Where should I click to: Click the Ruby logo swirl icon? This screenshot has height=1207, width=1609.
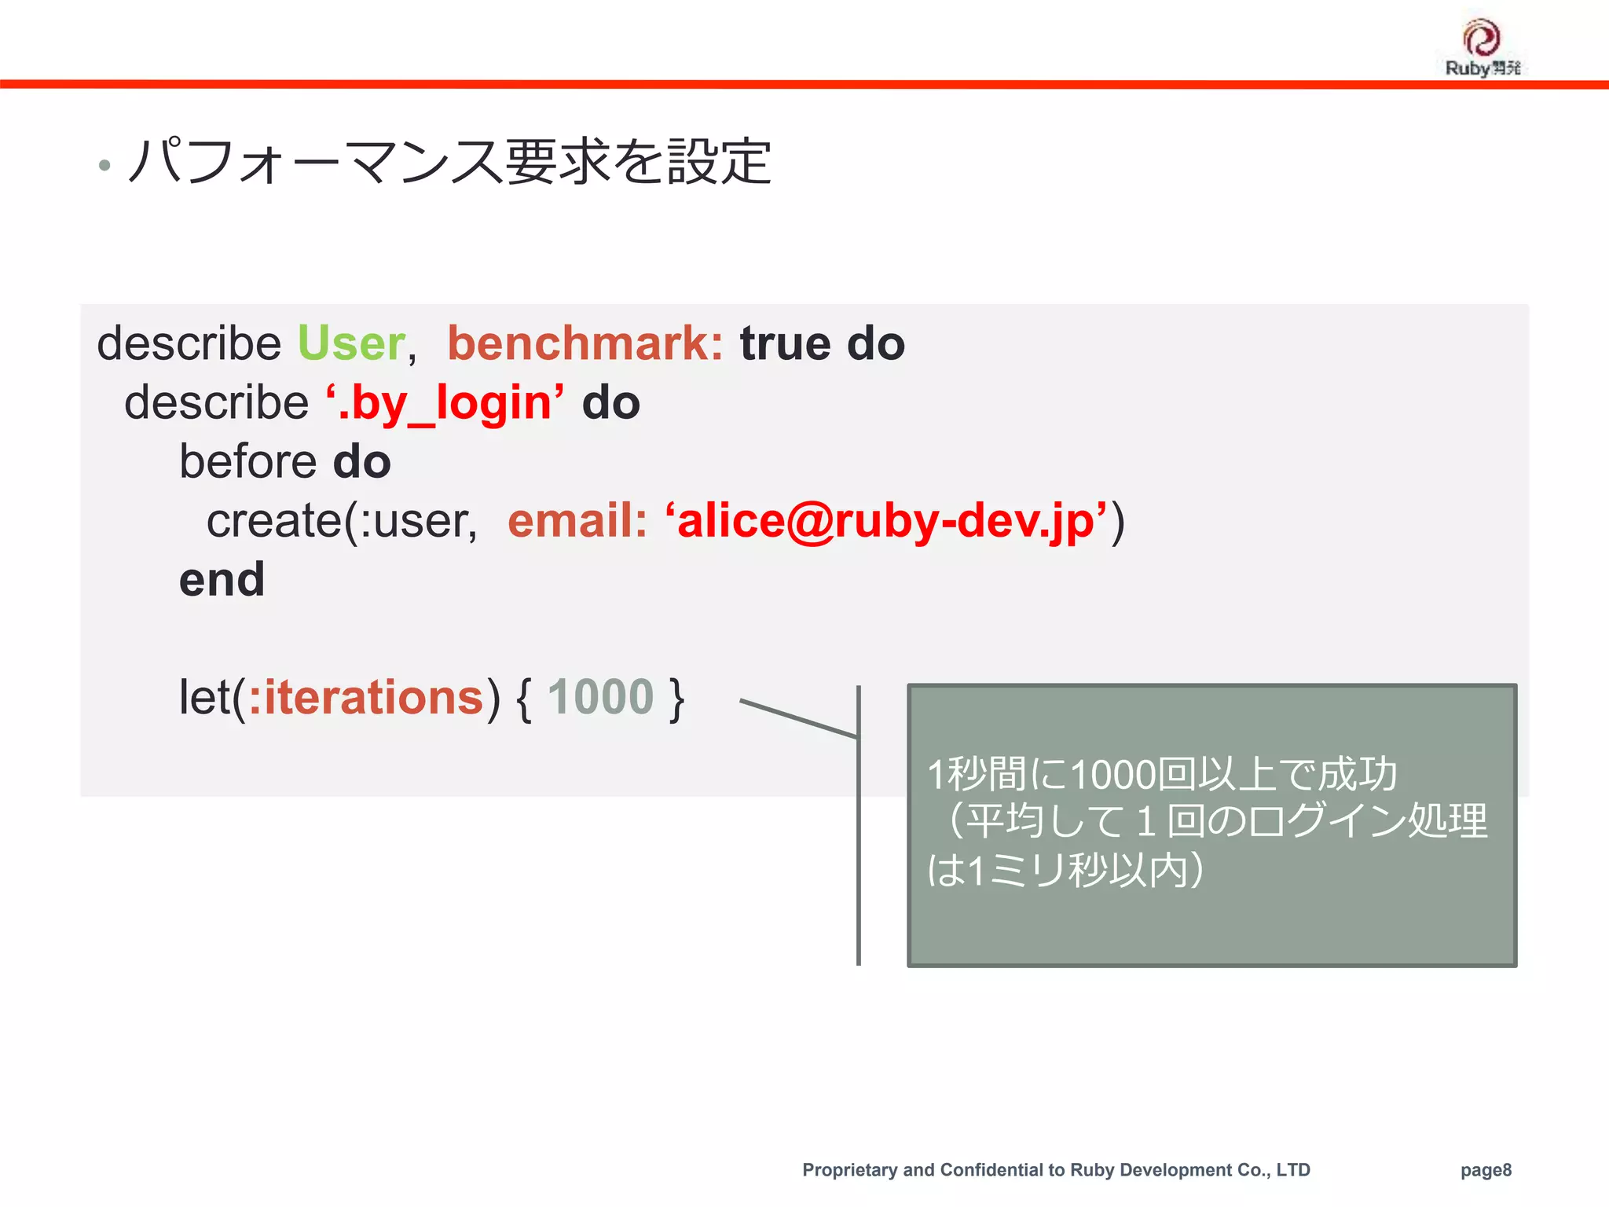click(x=1482, y=37)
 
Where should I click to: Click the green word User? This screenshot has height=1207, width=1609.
click(x=351, y=344)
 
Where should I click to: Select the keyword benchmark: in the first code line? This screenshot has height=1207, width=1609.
click(x=585, y=344)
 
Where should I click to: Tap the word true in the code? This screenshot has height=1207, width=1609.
click(x=785, y=344)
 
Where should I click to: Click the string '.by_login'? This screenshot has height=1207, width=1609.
click(x=445, y=403)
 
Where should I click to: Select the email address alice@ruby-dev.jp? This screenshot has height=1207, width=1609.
click(x=886, y=521)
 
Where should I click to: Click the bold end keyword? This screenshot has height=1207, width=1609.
click(x=222, y=580)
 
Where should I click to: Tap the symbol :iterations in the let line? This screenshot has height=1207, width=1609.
click(x=366, y=698)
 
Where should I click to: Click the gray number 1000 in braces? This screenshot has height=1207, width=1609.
click(x=600, y=698)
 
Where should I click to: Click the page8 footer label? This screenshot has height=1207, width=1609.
click(x=1486, y=1170)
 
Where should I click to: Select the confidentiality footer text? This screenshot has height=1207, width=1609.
click(x=1056, y=1170)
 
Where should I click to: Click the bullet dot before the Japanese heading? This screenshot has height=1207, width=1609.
click(x=104, y=166)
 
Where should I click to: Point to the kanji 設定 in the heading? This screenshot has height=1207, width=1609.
click(x=719, y=162)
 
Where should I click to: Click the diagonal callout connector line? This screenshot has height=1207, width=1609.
click(x=797, y=718)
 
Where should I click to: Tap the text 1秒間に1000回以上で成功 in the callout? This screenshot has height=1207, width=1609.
click(x=1162, y=775)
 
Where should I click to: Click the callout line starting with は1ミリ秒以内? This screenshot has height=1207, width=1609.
click(x=1065, y=871)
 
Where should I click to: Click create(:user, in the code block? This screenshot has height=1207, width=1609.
click(x=342, y=521)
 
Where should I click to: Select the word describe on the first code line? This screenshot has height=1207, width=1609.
click(x=189, y=344)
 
